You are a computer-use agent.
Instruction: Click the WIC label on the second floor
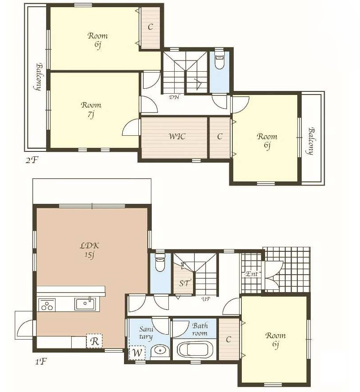(177, 137)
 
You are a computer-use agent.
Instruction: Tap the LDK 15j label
(90, 250)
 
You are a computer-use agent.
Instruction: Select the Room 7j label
(91, 109)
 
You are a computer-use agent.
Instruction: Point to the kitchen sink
(85, 304)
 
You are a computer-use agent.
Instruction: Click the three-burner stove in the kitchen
(47, 305)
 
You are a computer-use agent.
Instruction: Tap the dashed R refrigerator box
(94, 341)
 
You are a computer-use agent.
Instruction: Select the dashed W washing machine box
(137, 353)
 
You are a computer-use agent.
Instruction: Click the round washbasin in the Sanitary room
(160, 351)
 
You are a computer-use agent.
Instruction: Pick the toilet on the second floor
(219, 62)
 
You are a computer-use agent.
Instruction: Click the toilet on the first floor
(160, 263)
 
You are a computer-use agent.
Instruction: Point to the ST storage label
(185, 283)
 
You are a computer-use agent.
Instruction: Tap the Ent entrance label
(252, 274)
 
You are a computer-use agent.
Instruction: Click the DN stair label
(174, 97)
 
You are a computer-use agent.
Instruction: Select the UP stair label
(206, 299)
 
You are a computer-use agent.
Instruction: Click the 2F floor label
(32, 160)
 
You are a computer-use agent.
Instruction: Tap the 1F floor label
(41, 362)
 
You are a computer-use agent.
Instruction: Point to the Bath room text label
(200, 329)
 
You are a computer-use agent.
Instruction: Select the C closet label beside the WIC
(219, 137)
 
